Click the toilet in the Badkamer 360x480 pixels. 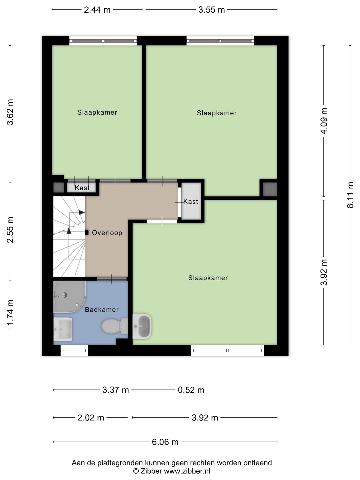click(x=115, y=326)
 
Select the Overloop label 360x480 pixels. click(x=107, y=233)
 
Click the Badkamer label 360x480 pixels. click(x=102, y=309)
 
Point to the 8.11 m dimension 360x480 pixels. click(x=350, y=195)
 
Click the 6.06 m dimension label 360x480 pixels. click(x=165, y=442)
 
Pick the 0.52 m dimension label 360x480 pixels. click(x=191, y=390)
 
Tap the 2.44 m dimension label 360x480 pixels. click(x=97, y=10)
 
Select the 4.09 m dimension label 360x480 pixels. click(x=324, y=121)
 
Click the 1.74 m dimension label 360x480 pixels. click(x=10, y=312)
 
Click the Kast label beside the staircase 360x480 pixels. click(x=82, y=188)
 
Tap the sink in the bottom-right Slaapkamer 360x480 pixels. click(x=142, y=326)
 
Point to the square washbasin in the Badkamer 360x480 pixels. click(x=63, y=329)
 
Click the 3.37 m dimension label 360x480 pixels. click(x=116, y=390)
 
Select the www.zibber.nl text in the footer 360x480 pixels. click(x=187, y=471)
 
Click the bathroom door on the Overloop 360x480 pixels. click(x=112, y=279)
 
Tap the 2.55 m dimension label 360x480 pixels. click(x=10, y=230)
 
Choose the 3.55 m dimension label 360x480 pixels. click(x=212, y=10)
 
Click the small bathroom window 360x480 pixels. click(x=74, y=351)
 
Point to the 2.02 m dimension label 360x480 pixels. click(x=91, y=418)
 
